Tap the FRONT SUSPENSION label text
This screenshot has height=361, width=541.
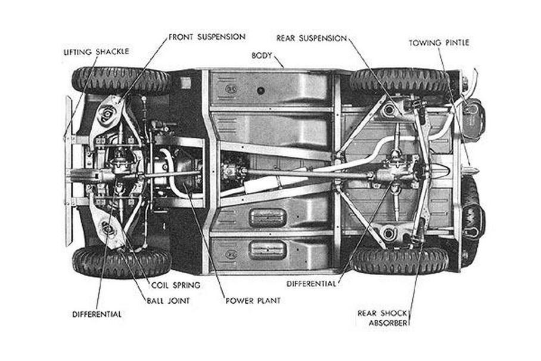207,37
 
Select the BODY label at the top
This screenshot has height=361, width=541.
262,55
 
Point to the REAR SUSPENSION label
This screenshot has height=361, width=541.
311,38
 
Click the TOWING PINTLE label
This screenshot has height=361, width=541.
439,43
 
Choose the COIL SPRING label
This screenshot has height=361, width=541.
175,285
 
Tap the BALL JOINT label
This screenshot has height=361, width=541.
167,301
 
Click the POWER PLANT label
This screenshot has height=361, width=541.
253,301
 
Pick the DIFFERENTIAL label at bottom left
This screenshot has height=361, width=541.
97,314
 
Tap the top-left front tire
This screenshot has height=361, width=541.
121,81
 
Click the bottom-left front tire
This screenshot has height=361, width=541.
121,261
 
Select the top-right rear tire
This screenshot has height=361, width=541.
399,81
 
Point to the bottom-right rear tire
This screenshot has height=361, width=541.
399,260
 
